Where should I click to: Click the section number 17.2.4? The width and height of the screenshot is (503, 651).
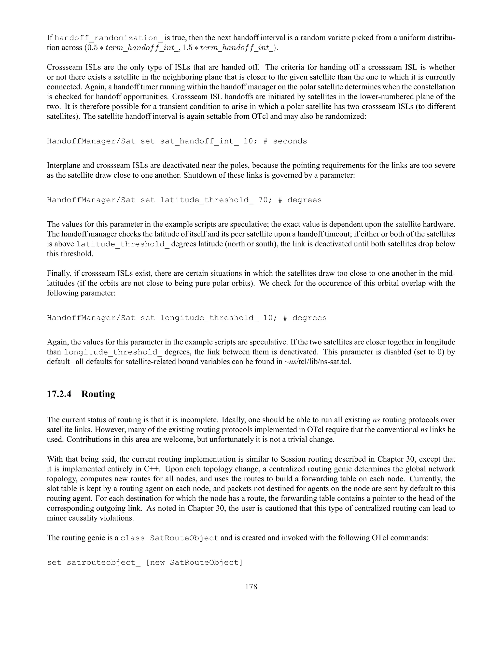tap(59, 394)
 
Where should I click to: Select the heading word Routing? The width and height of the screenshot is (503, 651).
tap(98, 394)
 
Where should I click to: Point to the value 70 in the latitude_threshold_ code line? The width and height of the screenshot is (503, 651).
tap(263, 200)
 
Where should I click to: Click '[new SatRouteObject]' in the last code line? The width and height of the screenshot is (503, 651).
tap(195, 563)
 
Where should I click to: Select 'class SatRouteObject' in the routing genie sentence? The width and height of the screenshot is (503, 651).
tap(169, 538)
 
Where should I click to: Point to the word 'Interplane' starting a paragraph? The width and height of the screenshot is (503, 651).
tap(61, 165)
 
